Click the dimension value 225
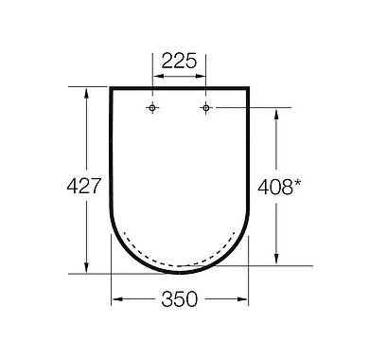[179, 61]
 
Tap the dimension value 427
[84, 186]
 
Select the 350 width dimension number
[179, 299]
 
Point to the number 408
[275, 187]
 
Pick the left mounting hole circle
[152, 108]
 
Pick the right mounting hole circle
[206, 108]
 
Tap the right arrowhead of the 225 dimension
[201, 76]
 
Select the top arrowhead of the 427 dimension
[86, 93]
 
